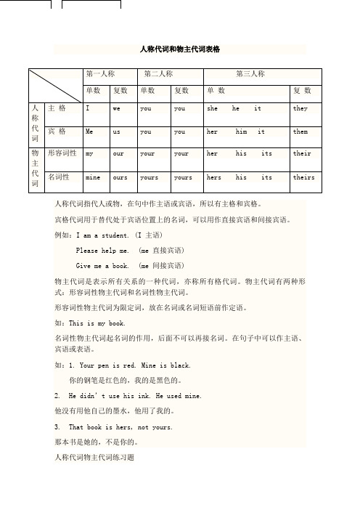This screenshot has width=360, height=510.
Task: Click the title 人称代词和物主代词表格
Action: click(x=179, y=49)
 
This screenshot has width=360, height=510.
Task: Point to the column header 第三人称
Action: click(x=251, y=74)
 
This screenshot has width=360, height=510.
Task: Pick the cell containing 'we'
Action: click(x=117, y=108)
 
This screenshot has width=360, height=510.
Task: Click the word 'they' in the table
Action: click(x=300, y=108)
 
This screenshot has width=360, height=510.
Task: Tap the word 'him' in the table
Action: click(x=242, y=132)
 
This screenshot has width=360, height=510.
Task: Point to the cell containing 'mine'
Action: click(x=93, y=177)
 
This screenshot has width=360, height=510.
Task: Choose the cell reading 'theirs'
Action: click(x=303, y=177)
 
